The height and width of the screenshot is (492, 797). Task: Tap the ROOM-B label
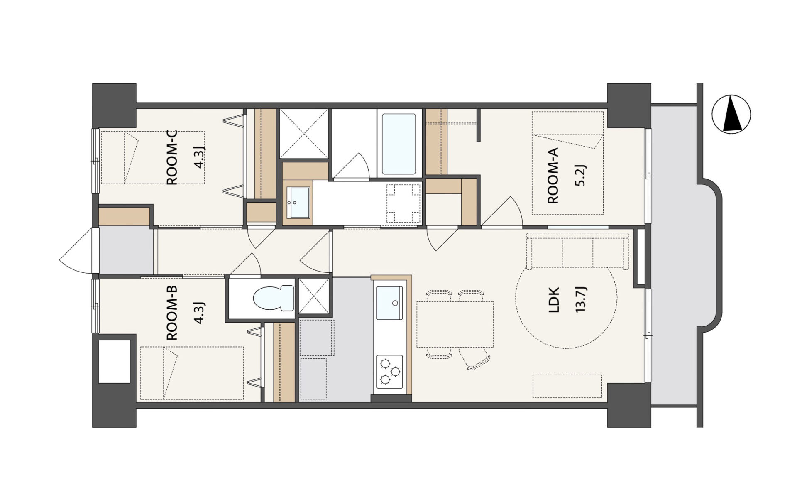pos(171,313)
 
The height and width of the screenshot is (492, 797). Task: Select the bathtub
pos(398,144)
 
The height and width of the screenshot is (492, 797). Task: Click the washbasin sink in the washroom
pos(298,202)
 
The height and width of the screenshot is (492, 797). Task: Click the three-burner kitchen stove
pos(389,372)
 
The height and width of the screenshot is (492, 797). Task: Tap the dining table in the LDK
pos(455,324)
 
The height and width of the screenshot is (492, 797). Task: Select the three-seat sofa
pos(577,251)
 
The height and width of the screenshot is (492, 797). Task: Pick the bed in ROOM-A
pos(567,163)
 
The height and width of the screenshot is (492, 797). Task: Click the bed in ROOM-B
pos(192,373)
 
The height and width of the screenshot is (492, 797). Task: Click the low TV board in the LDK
pos(567,386)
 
